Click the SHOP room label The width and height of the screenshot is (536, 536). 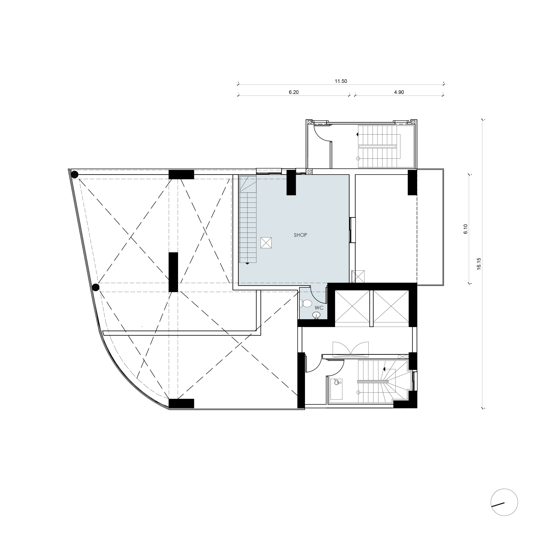[x=300, y=235]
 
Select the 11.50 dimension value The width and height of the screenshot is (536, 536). [x=341, y=81]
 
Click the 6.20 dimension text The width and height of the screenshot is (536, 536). [x=293, y=92]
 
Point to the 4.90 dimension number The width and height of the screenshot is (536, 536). [x=399, y=92]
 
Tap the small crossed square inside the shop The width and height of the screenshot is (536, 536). [x=266, y=243]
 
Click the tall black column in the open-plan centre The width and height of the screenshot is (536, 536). [x=173, y=272]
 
